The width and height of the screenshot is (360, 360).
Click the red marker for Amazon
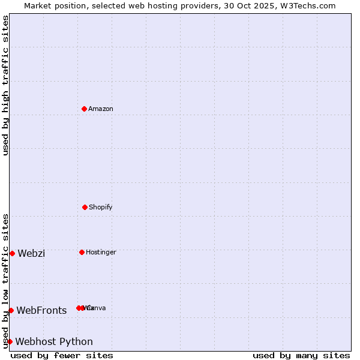(x=84, y=109)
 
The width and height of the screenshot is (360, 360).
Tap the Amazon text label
(x=101, y=109)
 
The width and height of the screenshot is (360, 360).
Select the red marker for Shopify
(x=85, y=207)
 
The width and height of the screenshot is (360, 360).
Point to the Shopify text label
(x=101, y=207)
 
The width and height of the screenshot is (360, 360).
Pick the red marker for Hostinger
(x=82, y=252)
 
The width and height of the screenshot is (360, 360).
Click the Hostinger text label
(x=101, y=252)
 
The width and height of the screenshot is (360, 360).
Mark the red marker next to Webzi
(x=12, y=253)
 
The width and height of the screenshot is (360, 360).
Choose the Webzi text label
(x=31, y=253)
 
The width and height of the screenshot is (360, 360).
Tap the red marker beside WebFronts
(x=11, y=310)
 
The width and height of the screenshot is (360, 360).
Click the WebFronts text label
(x=41, y=310)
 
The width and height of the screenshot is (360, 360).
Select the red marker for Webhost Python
(x=10, y=341)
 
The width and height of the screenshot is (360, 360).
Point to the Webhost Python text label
(x=54, y=341)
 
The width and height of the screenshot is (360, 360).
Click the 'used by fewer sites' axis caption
(x=62, y=355)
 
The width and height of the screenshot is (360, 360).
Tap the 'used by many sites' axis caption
(x=301, y=355)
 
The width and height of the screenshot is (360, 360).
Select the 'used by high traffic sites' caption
(x=5, y=85)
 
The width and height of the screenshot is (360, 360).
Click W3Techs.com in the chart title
(x=311, y=5)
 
